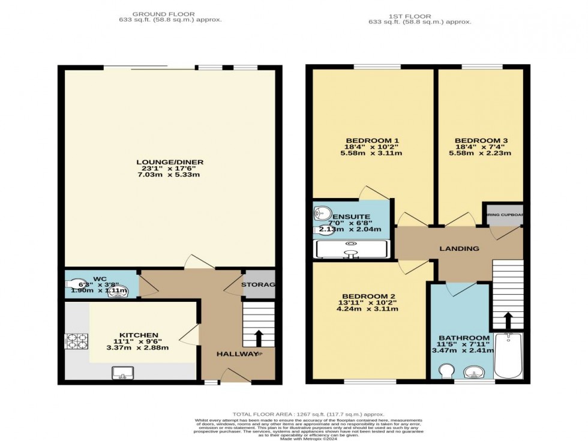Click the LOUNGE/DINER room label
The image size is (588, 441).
pos(170,162)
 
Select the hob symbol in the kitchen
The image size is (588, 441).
pos(76,341)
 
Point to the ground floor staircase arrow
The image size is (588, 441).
pos(259,338)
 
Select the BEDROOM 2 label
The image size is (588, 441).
pos(364,296)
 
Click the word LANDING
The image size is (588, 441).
pos(459,248)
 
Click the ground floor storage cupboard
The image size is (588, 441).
pos(258,284)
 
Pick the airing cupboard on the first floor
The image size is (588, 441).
pos(503,215)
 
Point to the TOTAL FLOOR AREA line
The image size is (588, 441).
pos(308,414)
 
